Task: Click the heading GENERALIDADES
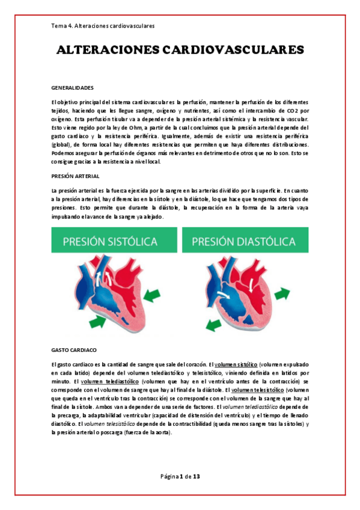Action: [x=72, y=87]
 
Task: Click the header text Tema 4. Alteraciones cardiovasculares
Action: [x=103, y=26]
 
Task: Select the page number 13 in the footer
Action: [x=196, y=476]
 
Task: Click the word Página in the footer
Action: [x=169, y=476]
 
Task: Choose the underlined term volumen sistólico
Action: [x=236, y=364]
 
